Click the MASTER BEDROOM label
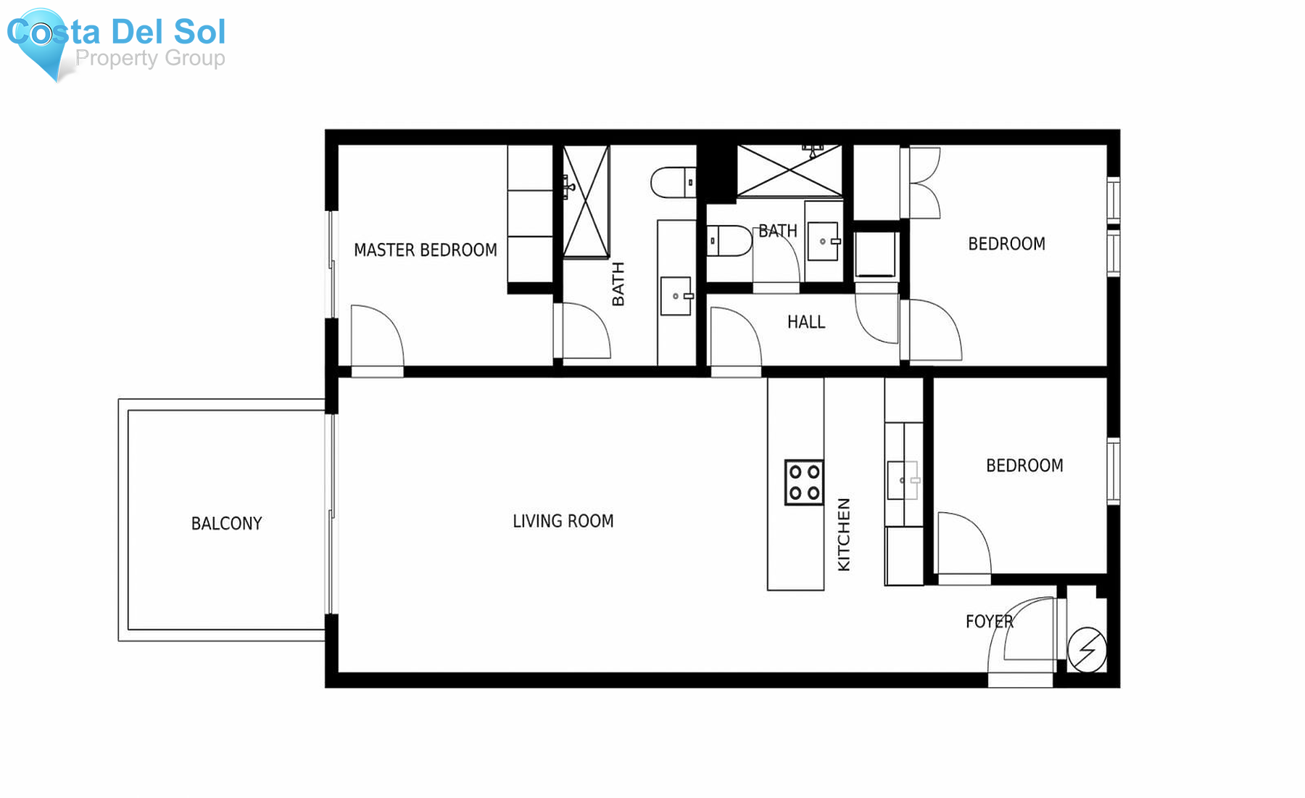click(426, 250)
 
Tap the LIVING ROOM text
click(563, 521)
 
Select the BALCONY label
click(226, 524)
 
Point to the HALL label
click(806, 322)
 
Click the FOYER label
click(990, 622)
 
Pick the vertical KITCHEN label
click(844, 535)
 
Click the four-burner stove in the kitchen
click(805, 482)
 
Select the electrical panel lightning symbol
click(1087, 649)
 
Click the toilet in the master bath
click(674, 183)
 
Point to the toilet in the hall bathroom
click(730, 241)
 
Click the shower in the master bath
click(587, 202)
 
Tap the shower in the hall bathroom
click(790, 171)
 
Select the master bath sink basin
click(676, 296)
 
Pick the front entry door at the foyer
click(1021, 638)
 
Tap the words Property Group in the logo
click(150, 58)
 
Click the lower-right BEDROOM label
click(1024, 466)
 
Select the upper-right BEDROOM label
click(1007, 244)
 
